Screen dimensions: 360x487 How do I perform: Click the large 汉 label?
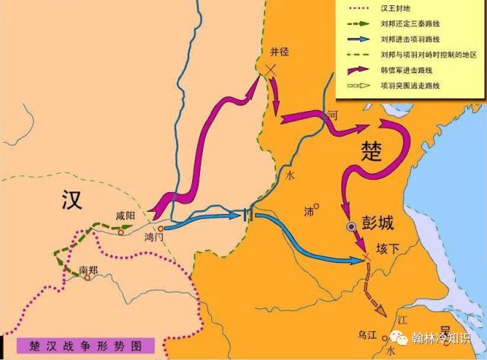74,200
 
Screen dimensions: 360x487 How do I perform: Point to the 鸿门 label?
154,237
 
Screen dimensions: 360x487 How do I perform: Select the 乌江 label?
367,335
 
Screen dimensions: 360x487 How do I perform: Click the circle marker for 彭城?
351,226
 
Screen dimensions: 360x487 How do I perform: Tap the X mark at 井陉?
270,70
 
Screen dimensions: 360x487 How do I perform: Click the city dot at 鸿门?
160,228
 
